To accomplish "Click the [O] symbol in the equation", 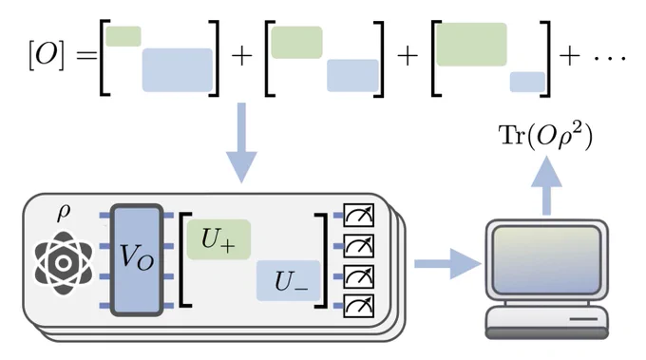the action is click(47, 56).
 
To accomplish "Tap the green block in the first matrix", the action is click(123, 36).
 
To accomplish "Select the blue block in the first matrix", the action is click(178, 70).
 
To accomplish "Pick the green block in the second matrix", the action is click(296, 43).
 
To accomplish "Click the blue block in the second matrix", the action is click(352, 75).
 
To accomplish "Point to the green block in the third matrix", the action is click(472, 45).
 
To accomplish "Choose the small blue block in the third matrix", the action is click(528, 82).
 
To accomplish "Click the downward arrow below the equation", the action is click(242, 142).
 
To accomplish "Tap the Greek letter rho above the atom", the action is click(63, 214).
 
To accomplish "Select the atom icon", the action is click(63, 263).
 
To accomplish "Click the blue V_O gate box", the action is click(137, 260).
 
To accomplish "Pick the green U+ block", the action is click(218, 239).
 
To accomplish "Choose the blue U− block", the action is click(289, 280).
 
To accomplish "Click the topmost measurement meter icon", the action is click(358, 215).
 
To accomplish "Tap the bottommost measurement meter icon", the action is click(358, 306).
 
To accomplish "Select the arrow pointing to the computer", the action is click(447, 264).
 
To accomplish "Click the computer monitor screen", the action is click(546, 260).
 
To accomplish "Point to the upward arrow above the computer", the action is click(546, 185).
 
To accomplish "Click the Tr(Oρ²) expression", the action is click(545, 136).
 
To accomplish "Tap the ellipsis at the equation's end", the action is click(610, 58).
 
